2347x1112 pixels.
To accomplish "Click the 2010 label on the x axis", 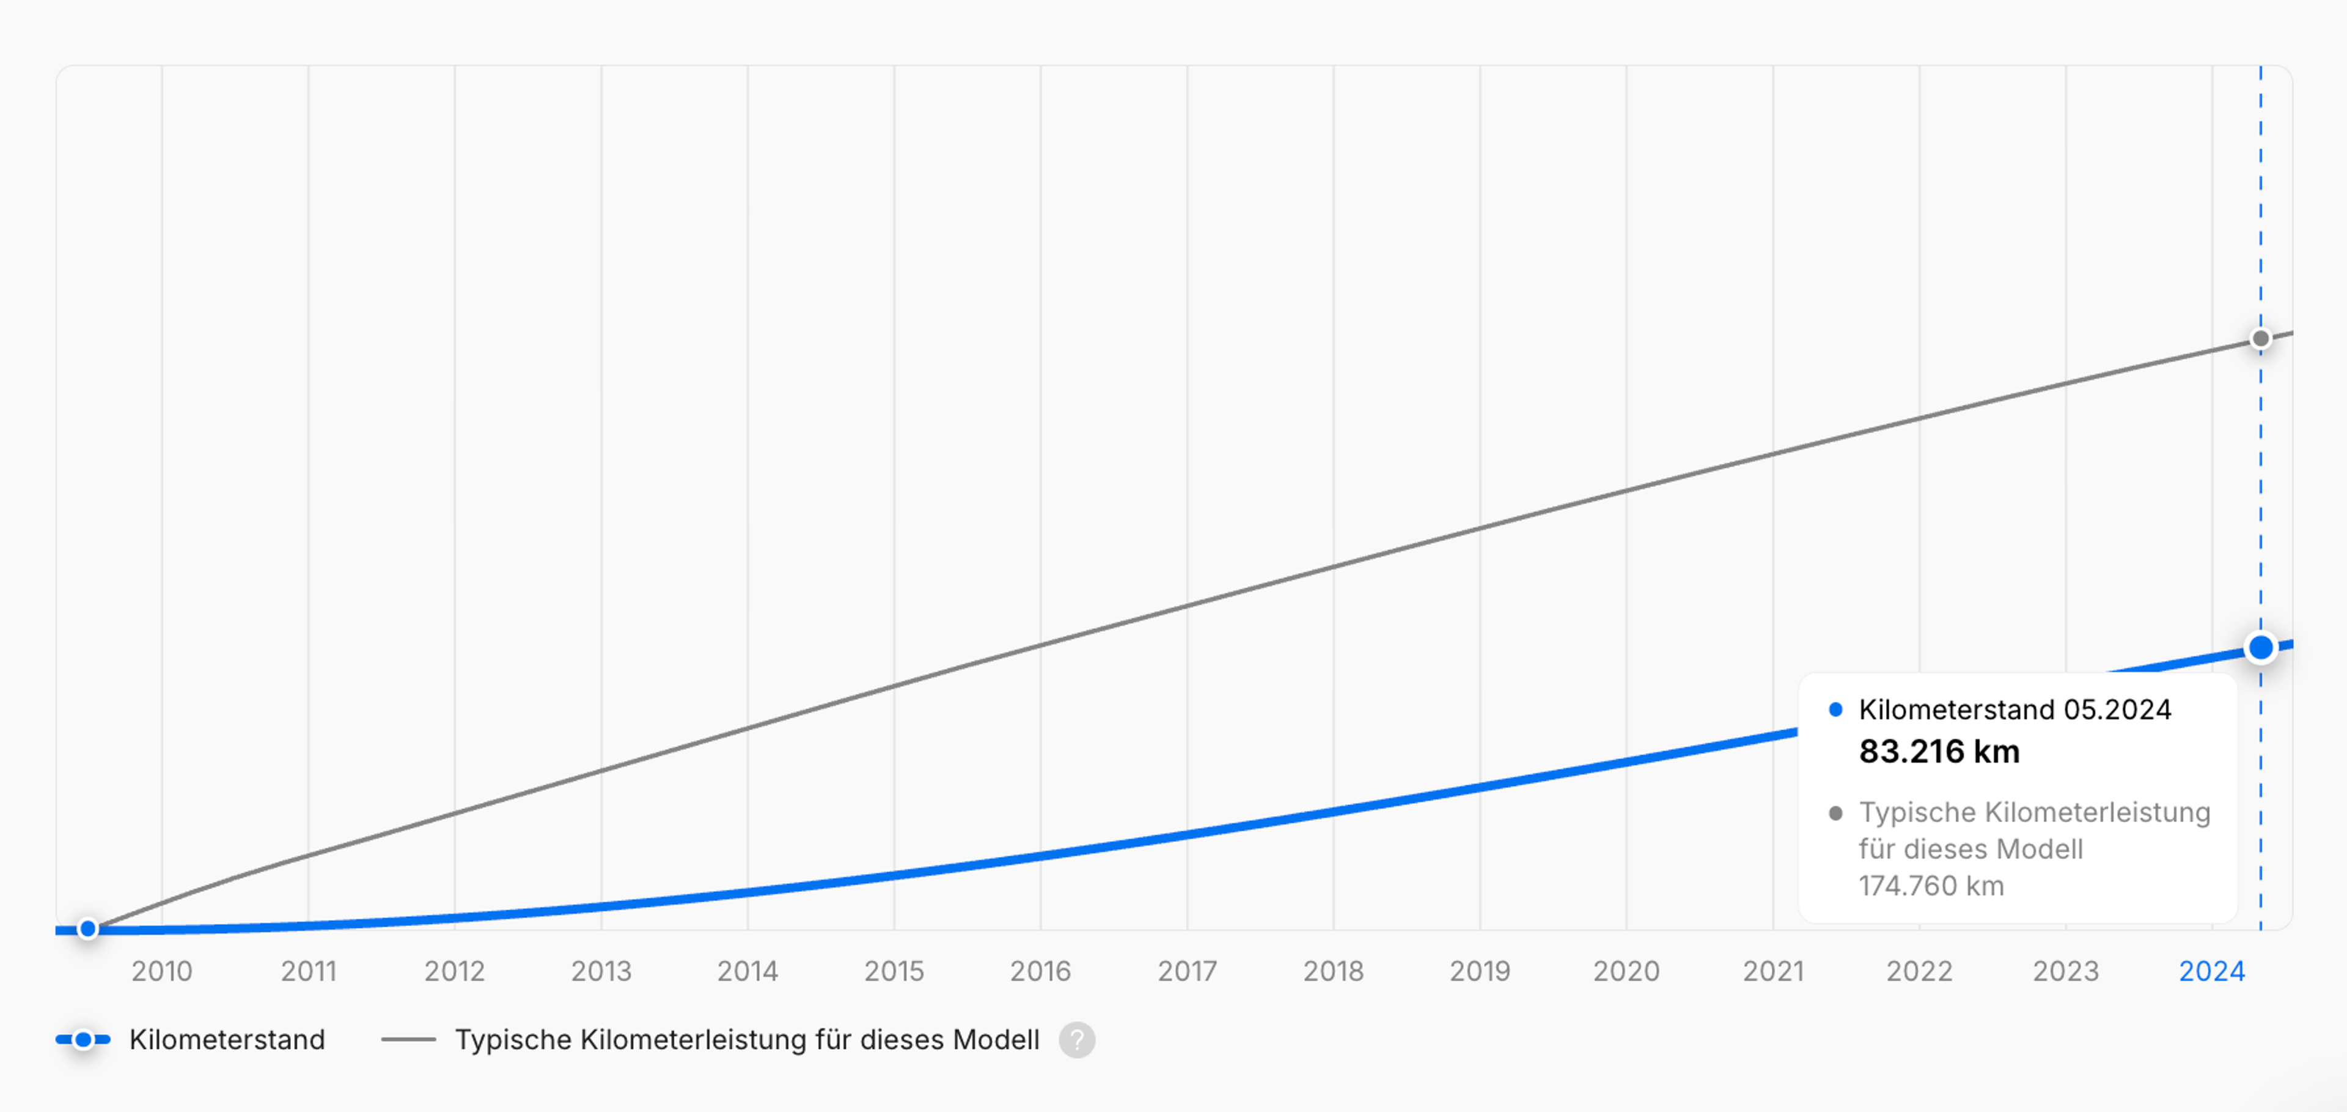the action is [161, 971].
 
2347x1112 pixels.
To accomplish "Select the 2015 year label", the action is [894, 971].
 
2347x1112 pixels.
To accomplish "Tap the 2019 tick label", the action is [1480, 971].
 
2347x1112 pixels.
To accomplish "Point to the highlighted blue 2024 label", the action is [2211, 971].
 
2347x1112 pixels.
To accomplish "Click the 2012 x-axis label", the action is [455, 971].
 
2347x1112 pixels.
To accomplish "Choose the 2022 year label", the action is [1919, 971].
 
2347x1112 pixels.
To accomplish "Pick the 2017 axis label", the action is [1187, 971].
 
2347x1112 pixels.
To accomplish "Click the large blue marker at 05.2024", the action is [2260, 647].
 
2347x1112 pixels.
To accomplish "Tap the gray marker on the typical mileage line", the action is [2260, 339].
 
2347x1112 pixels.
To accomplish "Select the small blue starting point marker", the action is [87, 929].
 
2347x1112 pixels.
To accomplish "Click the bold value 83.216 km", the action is [1939, 751].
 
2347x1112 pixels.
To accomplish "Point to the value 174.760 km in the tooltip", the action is [1931, 886].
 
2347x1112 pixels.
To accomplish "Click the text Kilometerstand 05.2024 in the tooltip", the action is [2015, 709].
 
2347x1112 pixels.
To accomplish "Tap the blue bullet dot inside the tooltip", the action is [1836, 709].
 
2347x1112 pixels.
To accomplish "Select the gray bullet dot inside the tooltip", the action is [1836, 812].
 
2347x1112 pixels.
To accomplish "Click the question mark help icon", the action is [1077, 1039].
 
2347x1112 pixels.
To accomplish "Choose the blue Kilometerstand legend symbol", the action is [83, 1039].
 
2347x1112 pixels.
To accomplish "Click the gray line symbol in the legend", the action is [408, 1039].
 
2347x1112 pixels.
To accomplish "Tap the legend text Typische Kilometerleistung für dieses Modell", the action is [747, 1039].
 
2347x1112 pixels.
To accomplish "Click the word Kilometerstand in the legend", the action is [227, 1039].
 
